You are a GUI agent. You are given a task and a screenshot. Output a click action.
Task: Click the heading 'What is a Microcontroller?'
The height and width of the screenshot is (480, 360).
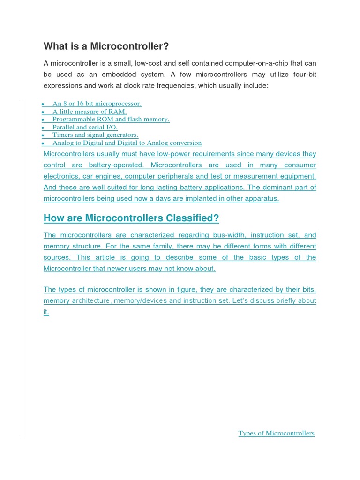tap(106, 46)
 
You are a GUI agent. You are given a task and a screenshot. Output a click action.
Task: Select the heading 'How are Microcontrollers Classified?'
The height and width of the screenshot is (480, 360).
tap(131, 218)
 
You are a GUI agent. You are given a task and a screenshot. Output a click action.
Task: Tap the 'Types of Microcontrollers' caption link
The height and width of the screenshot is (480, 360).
tap(276, 433)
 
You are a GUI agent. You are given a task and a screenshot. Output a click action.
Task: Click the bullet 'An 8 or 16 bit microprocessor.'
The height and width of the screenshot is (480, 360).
tap(97, 104)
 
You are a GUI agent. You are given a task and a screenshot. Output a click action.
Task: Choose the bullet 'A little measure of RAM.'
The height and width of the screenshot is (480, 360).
tap(90, 112)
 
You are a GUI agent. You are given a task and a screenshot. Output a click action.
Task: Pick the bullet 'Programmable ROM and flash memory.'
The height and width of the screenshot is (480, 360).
tap(111, 120)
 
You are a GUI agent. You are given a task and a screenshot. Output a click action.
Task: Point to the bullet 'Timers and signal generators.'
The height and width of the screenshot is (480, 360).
tap(95, 135)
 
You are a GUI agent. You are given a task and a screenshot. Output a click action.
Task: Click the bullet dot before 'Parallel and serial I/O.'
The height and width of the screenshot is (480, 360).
tap(43, 127)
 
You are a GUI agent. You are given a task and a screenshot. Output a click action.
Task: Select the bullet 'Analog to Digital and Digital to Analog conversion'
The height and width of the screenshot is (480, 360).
tap(127, 143)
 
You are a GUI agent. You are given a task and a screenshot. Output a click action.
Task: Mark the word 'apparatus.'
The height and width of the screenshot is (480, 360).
tap(262, 198)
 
